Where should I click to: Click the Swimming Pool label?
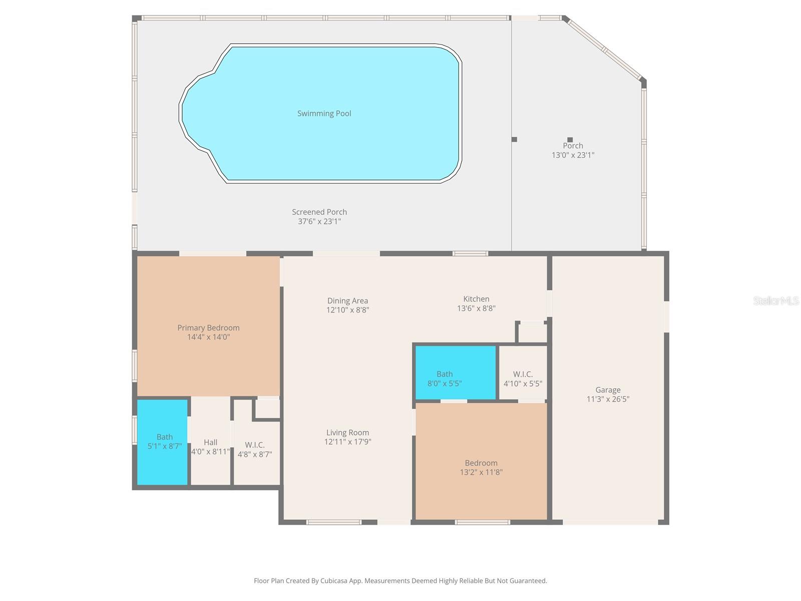click(x=324, y=114)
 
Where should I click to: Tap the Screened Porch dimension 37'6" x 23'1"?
click(x=319, y=221)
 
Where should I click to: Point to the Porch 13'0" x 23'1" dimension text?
click(x=573, y=155)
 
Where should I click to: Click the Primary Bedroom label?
click(x=208, y=328)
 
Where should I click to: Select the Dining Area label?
click(x=347, y=301)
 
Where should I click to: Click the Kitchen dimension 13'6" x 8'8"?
click(x=476, y=309)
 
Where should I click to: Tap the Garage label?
click(x=608, y=390)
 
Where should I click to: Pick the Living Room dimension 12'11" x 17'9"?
click(x=347, y=442)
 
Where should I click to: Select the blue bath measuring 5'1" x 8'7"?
click(x=163, y=442)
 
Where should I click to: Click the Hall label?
click(x=210, y=442)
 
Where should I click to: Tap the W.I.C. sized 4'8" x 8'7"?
click(x=254, y=450)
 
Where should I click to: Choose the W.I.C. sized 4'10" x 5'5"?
click(x=523, y=379)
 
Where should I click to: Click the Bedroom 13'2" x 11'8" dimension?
click(x=481, y=472)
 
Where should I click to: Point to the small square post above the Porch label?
click(x=570, y=140)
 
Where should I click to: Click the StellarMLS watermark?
click(x=775, y=300)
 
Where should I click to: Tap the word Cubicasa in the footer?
click(x=343, y=581)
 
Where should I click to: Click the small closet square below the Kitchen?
click(x=531, y=333)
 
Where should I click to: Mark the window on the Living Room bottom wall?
click(x=334, y=522)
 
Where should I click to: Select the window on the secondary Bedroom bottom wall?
click(x=482, y=522)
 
